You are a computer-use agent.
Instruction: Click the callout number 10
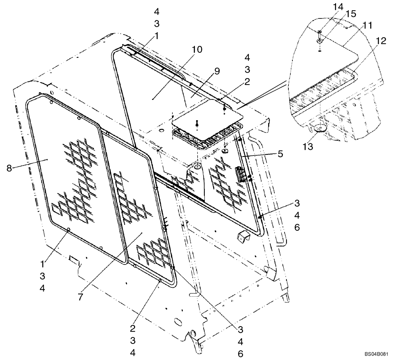197,50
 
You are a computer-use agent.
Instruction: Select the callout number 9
217,72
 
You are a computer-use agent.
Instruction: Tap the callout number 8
9,168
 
